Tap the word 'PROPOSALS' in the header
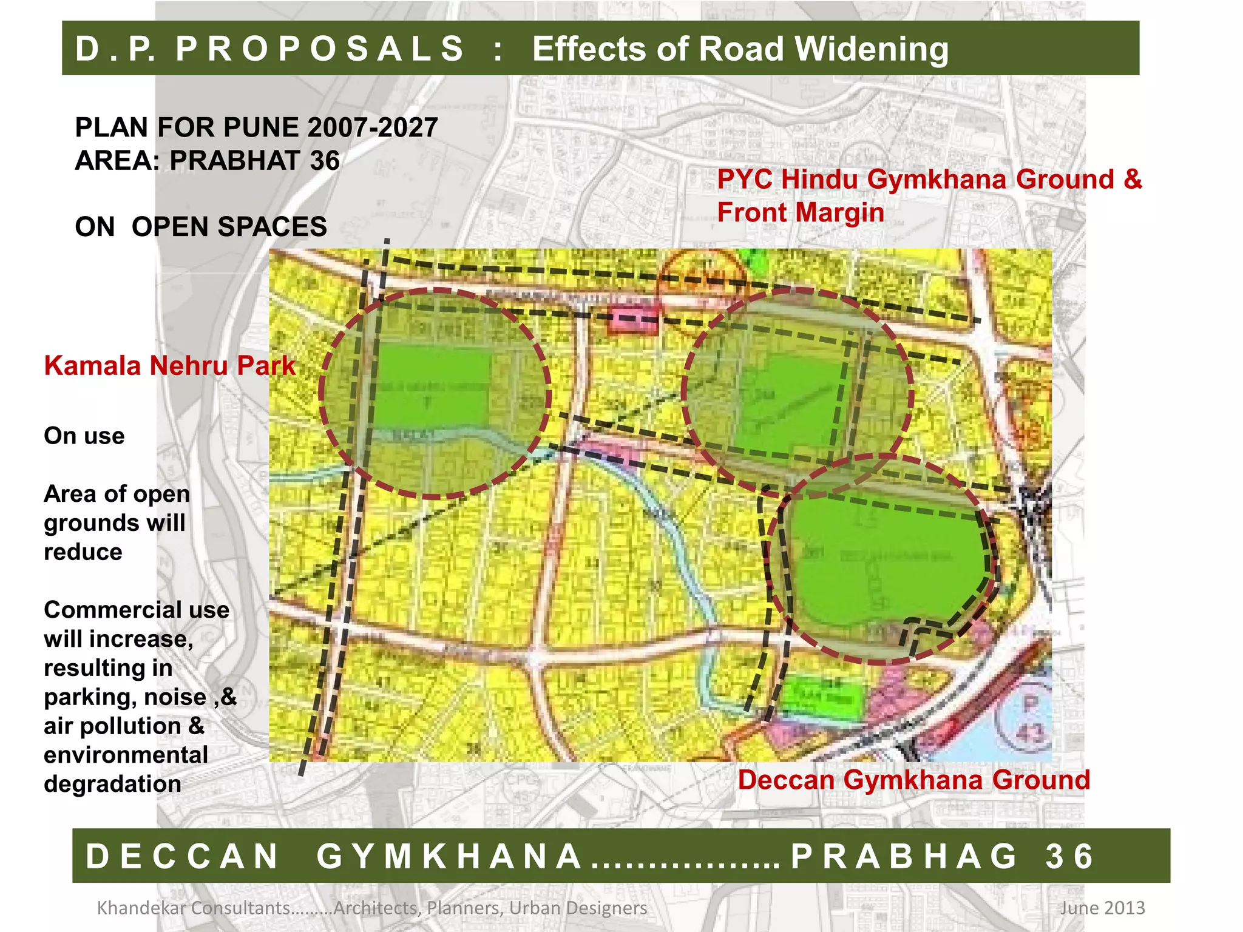[320, 49]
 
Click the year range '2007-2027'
[373, 127]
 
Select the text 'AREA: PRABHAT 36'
[207, 161]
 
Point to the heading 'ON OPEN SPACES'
[201, 227]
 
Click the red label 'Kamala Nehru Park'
[169, 366]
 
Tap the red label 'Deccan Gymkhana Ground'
[913, 780]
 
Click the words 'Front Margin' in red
[800, 212]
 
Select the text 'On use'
[84, 436]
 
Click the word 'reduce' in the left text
[83, 552]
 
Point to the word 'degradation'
[112, 784]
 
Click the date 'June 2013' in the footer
[1102, 908]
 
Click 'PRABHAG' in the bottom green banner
[904, 856]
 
